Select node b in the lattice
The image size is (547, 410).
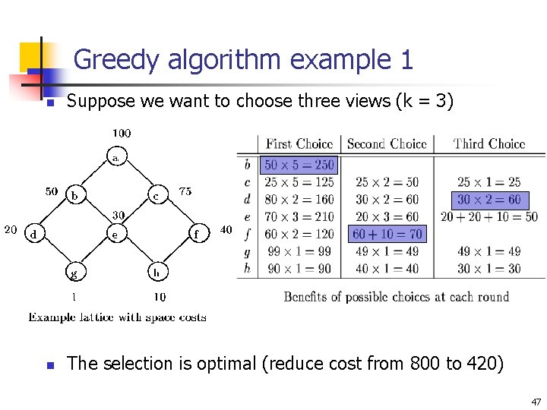(74, 195)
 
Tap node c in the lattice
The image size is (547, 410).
(156, 195)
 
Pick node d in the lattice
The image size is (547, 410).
(33, 234)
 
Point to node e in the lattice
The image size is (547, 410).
(115, 234)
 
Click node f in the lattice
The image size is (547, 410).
(196, 234)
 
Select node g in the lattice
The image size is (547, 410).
(74, 272)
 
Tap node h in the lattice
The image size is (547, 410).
(156, 272)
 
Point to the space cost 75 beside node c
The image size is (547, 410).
(185, 192)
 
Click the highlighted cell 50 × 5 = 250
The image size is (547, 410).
(299, 165)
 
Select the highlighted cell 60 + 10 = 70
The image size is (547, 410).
(387, 234)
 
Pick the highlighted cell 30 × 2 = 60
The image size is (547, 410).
(489, 200)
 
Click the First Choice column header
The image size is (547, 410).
(299, 143)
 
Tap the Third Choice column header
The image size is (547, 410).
(489, 143)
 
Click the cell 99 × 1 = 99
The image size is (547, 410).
(299, 251)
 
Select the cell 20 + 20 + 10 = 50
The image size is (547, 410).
(489, 217)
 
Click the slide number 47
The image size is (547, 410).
(535, 402)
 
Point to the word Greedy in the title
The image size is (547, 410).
(114, 59)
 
